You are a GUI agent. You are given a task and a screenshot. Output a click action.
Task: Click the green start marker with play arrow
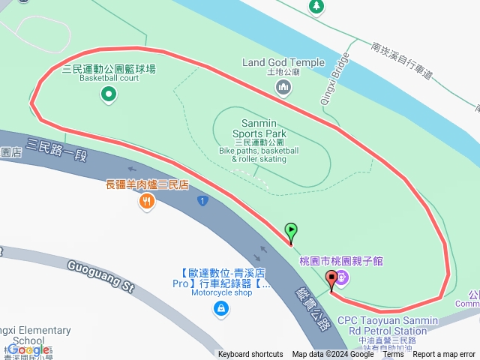[x=290, y=231]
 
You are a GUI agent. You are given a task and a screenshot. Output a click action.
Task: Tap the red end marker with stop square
[x=331, y=279]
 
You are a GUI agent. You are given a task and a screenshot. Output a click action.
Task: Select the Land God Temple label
[x=283, y=62]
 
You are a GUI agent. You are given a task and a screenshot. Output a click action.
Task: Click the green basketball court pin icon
[x=109, y=94]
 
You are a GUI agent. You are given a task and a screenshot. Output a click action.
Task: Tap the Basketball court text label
[x=109, y=77]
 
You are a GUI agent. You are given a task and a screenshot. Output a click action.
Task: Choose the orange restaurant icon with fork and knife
[x=147, y=200]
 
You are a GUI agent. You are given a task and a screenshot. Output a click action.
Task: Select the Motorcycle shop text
[x=221, y=292]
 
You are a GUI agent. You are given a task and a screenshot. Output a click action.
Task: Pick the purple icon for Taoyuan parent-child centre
[x=343, y=278]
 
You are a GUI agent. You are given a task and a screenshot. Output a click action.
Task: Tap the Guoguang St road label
[x=100, y=276]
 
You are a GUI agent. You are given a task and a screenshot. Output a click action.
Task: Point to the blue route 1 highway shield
[x=202, y=200]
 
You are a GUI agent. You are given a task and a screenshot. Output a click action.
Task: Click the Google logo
[x=28, y=350]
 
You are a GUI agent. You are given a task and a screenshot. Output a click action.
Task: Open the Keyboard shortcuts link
[x=250, y=355]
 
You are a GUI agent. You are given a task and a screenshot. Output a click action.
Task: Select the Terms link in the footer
[x=393, y=355]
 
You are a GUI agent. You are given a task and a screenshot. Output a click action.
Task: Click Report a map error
[x=444, y=355]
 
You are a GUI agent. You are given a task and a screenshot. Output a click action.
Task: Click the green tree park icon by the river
[x=316, y=6]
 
